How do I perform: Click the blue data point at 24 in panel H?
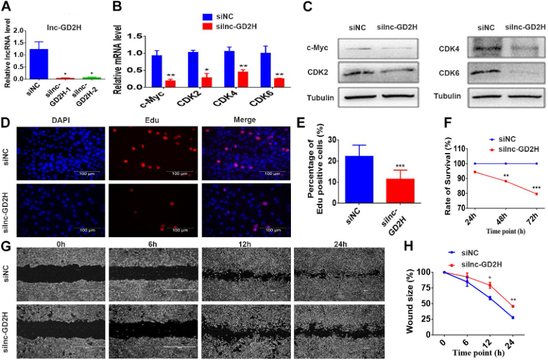[x=513, y=318]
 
